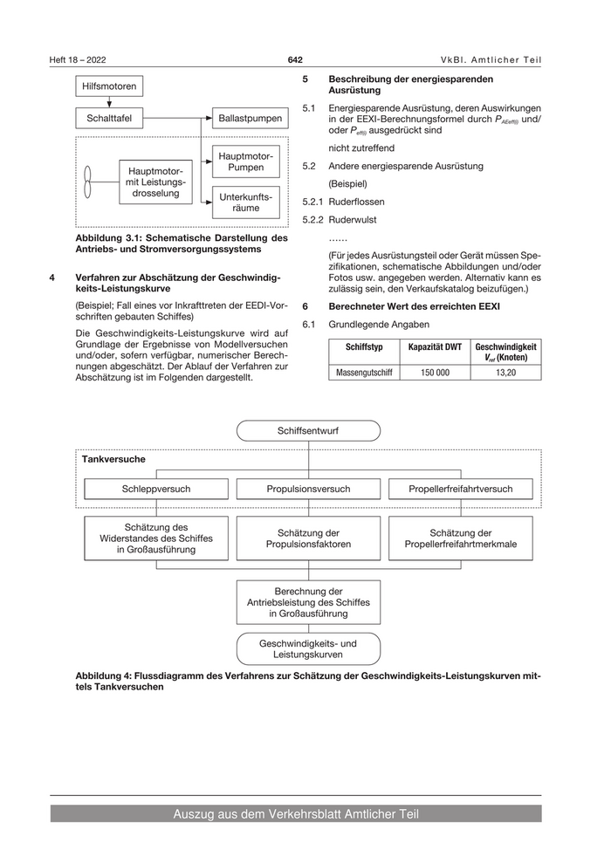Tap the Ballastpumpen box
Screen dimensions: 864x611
pos(250,118)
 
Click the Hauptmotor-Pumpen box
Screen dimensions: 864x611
pos(245,161)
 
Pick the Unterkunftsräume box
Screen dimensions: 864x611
pos(245,203)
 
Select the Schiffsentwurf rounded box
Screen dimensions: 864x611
pos(308,431)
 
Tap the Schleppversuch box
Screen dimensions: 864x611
pos(156,489)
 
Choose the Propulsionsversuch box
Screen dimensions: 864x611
pos(308,489)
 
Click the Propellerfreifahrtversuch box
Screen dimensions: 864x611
pos(460,489)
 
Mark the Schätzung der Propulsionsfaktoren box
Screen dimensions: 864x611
pos(308,538)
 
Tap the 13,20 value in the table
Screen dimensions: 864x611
pos(505,372)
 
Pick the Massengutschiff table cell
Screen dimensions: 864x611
pos(364,372)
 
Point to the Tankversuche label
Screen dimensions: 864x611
pos(113,458)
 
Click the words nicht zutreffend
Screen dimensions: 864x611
pos(361,147)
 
